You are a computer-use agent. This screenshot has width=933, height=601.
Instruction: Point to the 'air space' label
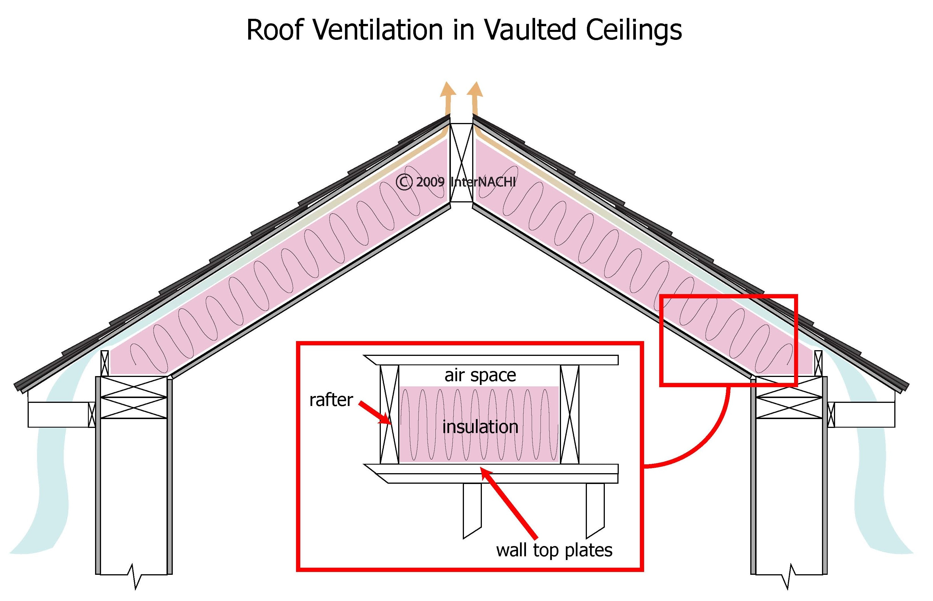point(480,375)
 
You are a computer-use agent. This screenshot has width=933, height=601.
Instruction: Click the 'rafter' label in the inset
point(331,400)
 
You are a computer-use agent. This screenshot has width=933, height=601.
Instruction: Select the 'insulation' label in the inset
point(480,427)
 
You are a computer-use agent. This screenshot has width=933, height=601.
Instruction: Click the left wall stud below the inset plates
point(472,509)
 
